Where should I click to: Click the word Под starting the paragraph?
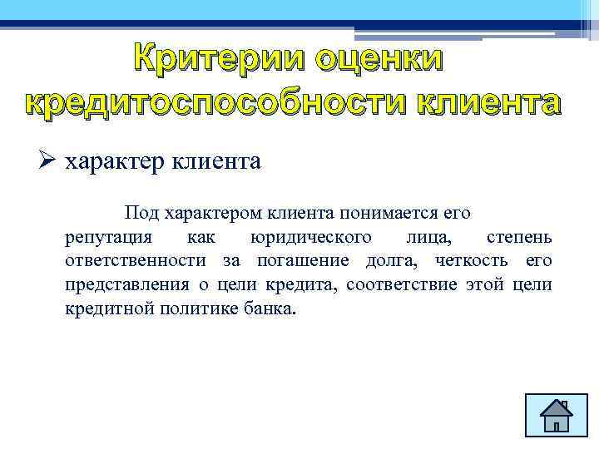pos(142,214)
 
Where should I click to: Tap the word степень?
pos(517,238)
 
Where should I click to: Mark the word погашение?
pos(295,262)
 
